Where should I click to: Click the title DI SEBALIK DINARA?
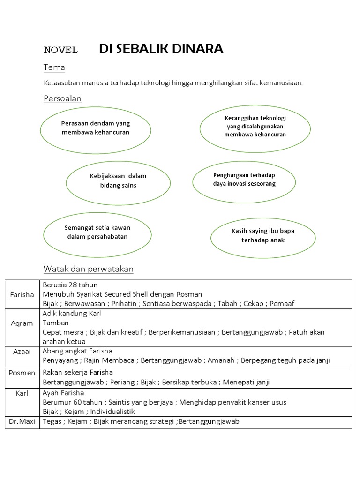tap(161, 49)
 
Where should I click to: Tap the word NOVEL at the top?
tap(60, 50)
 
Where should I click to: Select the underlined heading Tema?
tap(54, 67)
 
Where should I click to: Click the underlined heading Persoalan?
tap(62, 98)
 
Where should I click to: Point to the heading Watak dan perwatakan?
tap(89, 269)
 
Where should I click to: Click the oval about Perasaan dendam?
tap(96, 128)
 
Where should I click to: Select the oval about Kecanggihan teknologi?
tap(255, 126)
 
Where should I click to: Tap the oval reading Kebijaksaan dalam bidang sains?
tap(118, 181)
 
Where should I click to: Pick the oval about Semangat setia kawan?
tap(97, 232)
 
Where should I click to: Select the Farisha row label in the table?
tap(22, 294)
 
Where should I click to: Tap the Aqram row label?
tap(22, 323)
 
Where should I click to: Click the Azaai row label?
tap(22, 351)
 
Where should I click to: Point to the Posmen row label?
tap(22, 373)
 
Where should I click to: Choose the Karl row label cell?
tap(22, 393)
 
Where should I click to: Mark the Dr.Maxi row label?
tap(22, 421)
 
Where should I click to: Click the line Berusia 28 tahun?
tap(70, 285)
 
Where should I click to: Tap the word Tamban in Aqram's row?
tap(56, 323)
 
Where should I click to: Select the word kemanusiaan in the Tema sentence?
tap(282, 83)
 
